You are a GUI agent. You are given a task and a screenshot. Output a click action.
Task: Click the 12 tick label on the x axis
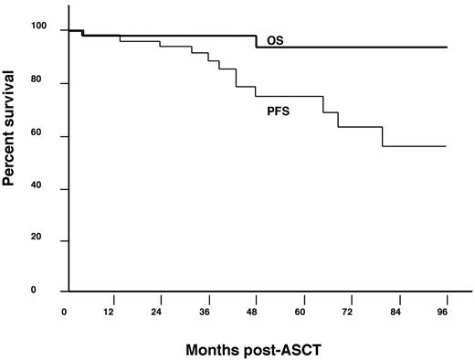point(111,312)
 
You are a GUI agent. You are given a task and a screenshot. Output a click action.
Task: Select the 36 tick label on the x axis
point(206,312)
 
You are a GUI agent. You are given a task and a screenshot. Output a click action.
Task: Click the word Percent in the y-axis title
point(11,157)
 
